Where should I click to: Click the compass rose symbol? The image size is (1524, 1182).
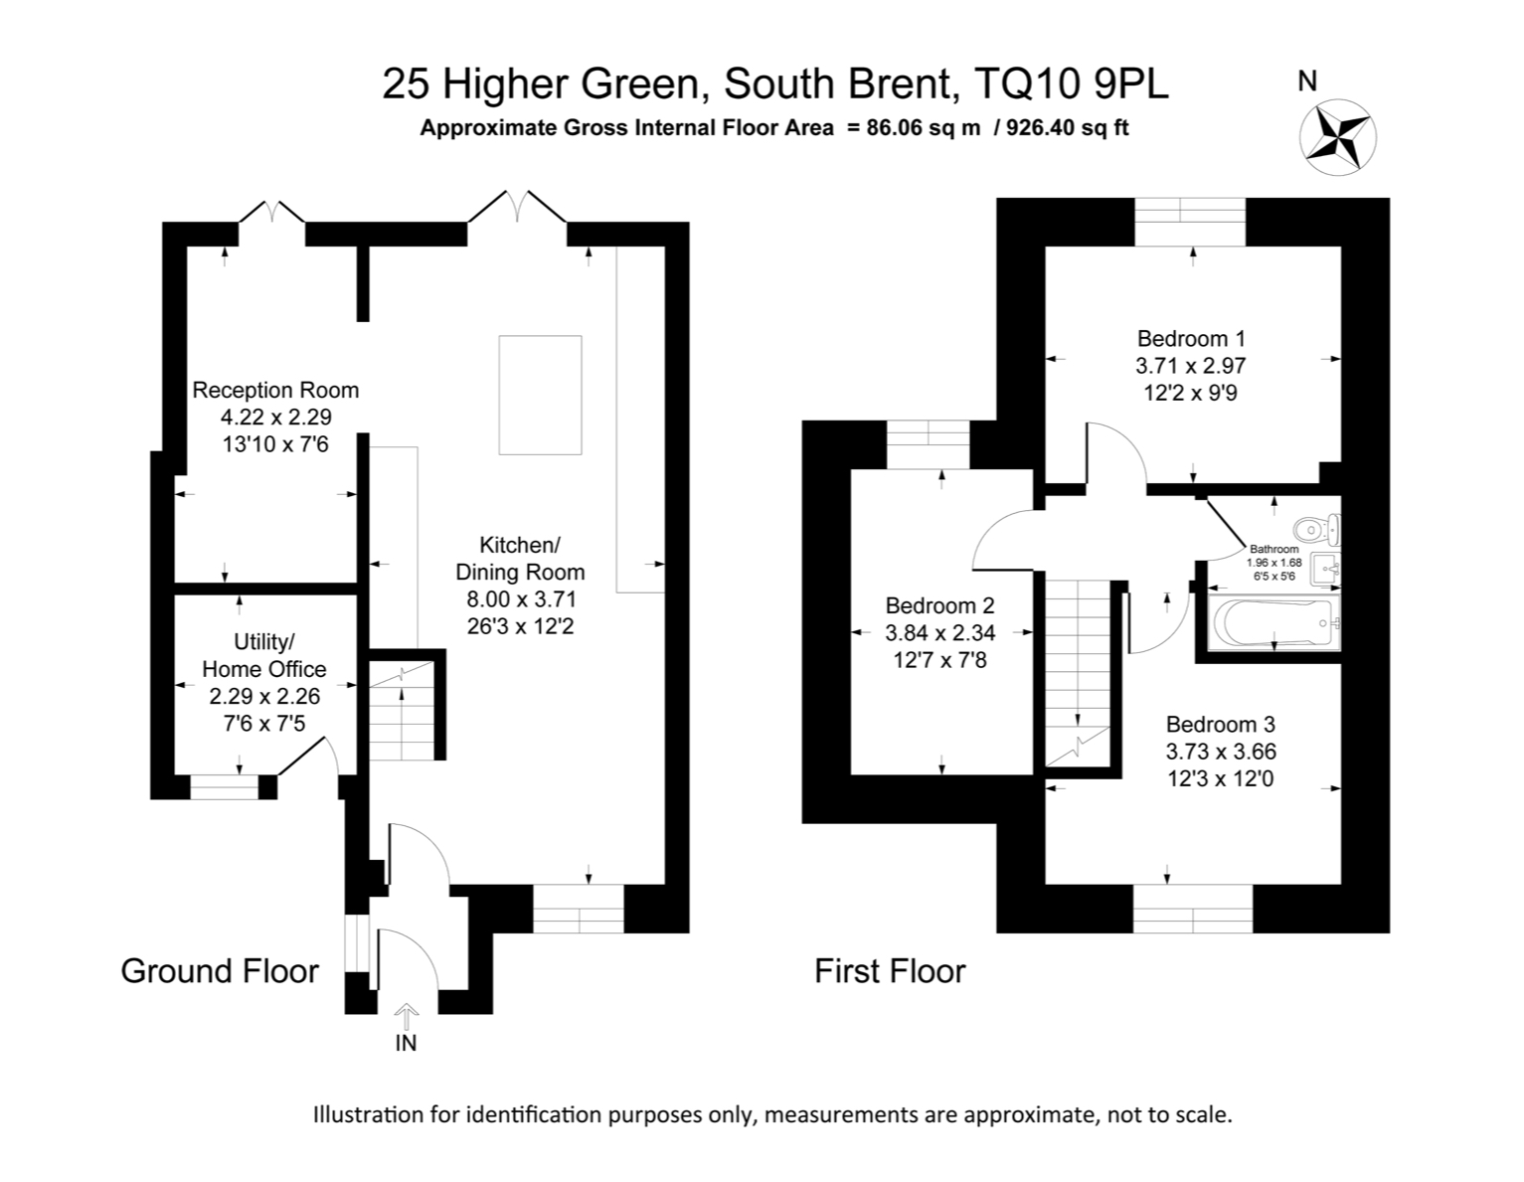1338,136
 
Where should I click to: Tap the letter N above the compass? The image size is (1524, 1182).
1308,83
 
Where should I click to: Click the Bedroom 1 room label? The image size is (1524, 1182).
1191,338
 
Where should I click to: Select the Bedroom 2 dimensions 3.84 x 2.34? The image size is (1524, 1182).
939,632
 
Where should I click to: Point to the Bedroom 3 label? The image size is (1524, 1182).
1220,724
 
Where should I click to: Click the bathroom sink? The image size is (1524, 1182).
1326,570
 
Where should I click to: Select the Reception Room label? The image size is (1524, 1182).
275,390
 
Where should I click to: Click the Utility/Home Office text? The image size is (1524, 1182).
263,655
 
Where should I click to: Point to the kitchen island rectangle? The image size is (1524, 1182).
540,395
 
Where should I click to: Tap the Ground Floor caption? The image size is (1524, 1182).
220,971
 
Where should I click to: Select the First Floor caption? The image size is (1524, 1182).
890,971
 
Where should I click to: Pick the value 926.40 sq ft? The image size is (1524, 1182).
1068,127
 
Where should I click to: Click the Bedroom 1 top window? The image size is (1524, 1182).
1190,221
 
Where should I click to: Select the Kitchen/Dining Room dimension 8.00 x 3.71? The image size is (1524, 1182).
521,599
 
